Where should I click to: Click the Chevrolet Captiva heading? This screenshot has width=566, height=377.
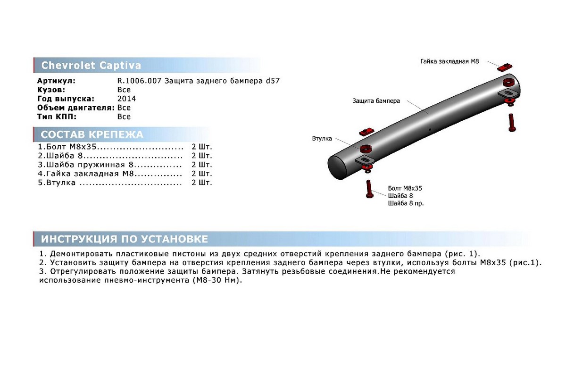point(91,66)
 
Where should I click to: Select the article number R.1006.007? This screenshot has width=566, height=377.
point(139,81)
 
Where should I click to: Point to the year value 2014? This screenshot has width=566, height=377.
point(126,99)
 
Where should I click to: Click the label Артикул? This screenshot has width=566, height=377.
point(56,81)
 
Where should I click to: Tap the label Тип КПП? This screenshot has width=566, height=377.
point(57,117)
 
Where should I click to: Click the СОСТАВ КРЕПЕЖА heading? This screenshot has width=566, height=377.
point(92,134)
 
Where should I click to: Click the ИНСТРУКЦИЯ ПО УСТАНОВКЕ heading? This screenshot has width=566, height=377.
point(125,239)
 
